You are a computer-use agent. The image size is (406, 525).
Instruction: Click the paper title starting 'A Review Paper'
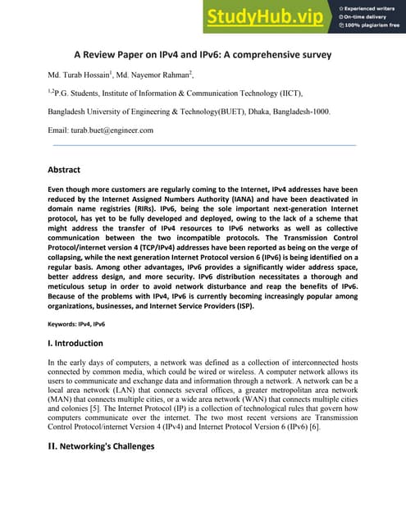203,56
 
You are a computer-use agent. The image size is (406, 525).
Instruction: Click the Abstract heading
64,170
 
